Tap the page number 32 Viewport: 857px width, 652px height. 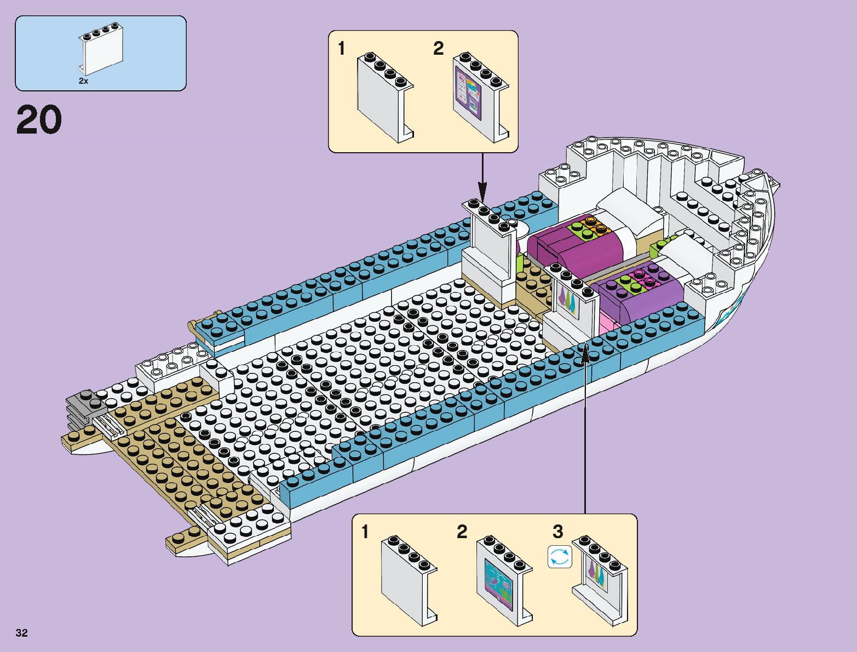tap(22, 633)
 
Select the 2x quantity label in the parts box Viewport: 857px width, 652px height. tap(83, 80)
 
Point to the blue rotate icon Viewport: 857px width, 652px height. tap(559, 557)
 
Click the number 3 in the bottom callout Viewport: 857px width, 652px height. tap(557, 532)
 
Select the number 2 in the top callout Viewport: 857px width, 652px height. tap(438, 49)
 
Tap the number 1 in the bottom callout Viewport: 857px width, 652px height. tap(365, 532)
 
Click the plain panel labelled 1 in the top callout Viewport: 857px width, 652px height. tap(383, 96)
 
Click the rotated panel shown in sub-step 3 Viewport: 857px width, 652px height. tap(600, 580)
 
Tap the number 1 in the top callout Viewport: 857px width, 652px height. tap(342, 49)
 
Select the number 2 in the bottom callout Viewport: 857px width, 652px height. tap(462, 532)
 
